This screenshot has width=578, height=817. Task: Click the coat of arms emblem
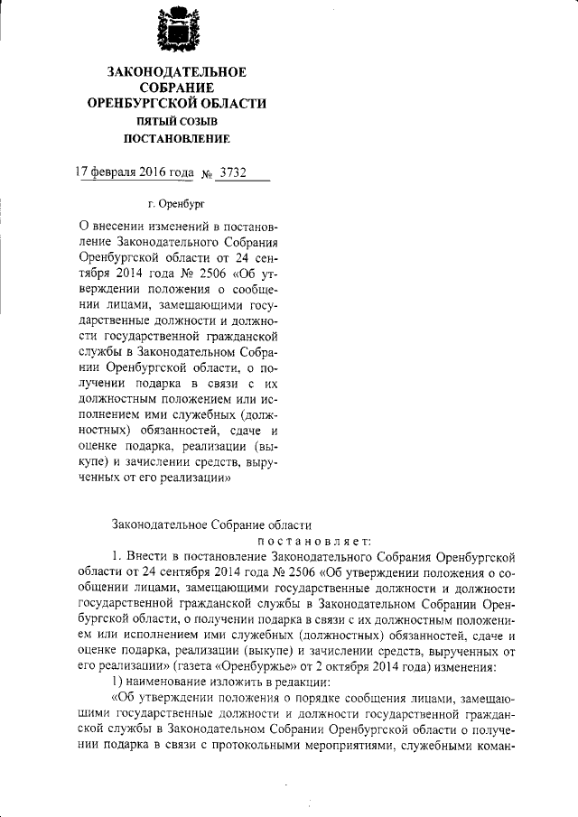[x=176, y=30]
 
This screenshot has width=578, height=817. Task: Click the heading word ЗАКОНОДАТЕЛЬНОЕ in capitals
[x=176, y=72]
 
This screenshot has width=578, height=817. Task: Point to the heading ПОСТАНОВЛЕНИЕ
[x=176, y=139]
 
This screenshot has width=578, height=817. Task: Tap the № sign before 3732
[x=205, y=173]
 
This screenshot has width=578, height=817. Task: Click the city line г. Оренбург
[x=174, y=206]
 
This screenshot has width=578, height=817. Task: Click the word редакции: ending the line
[x=300, y=683]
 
